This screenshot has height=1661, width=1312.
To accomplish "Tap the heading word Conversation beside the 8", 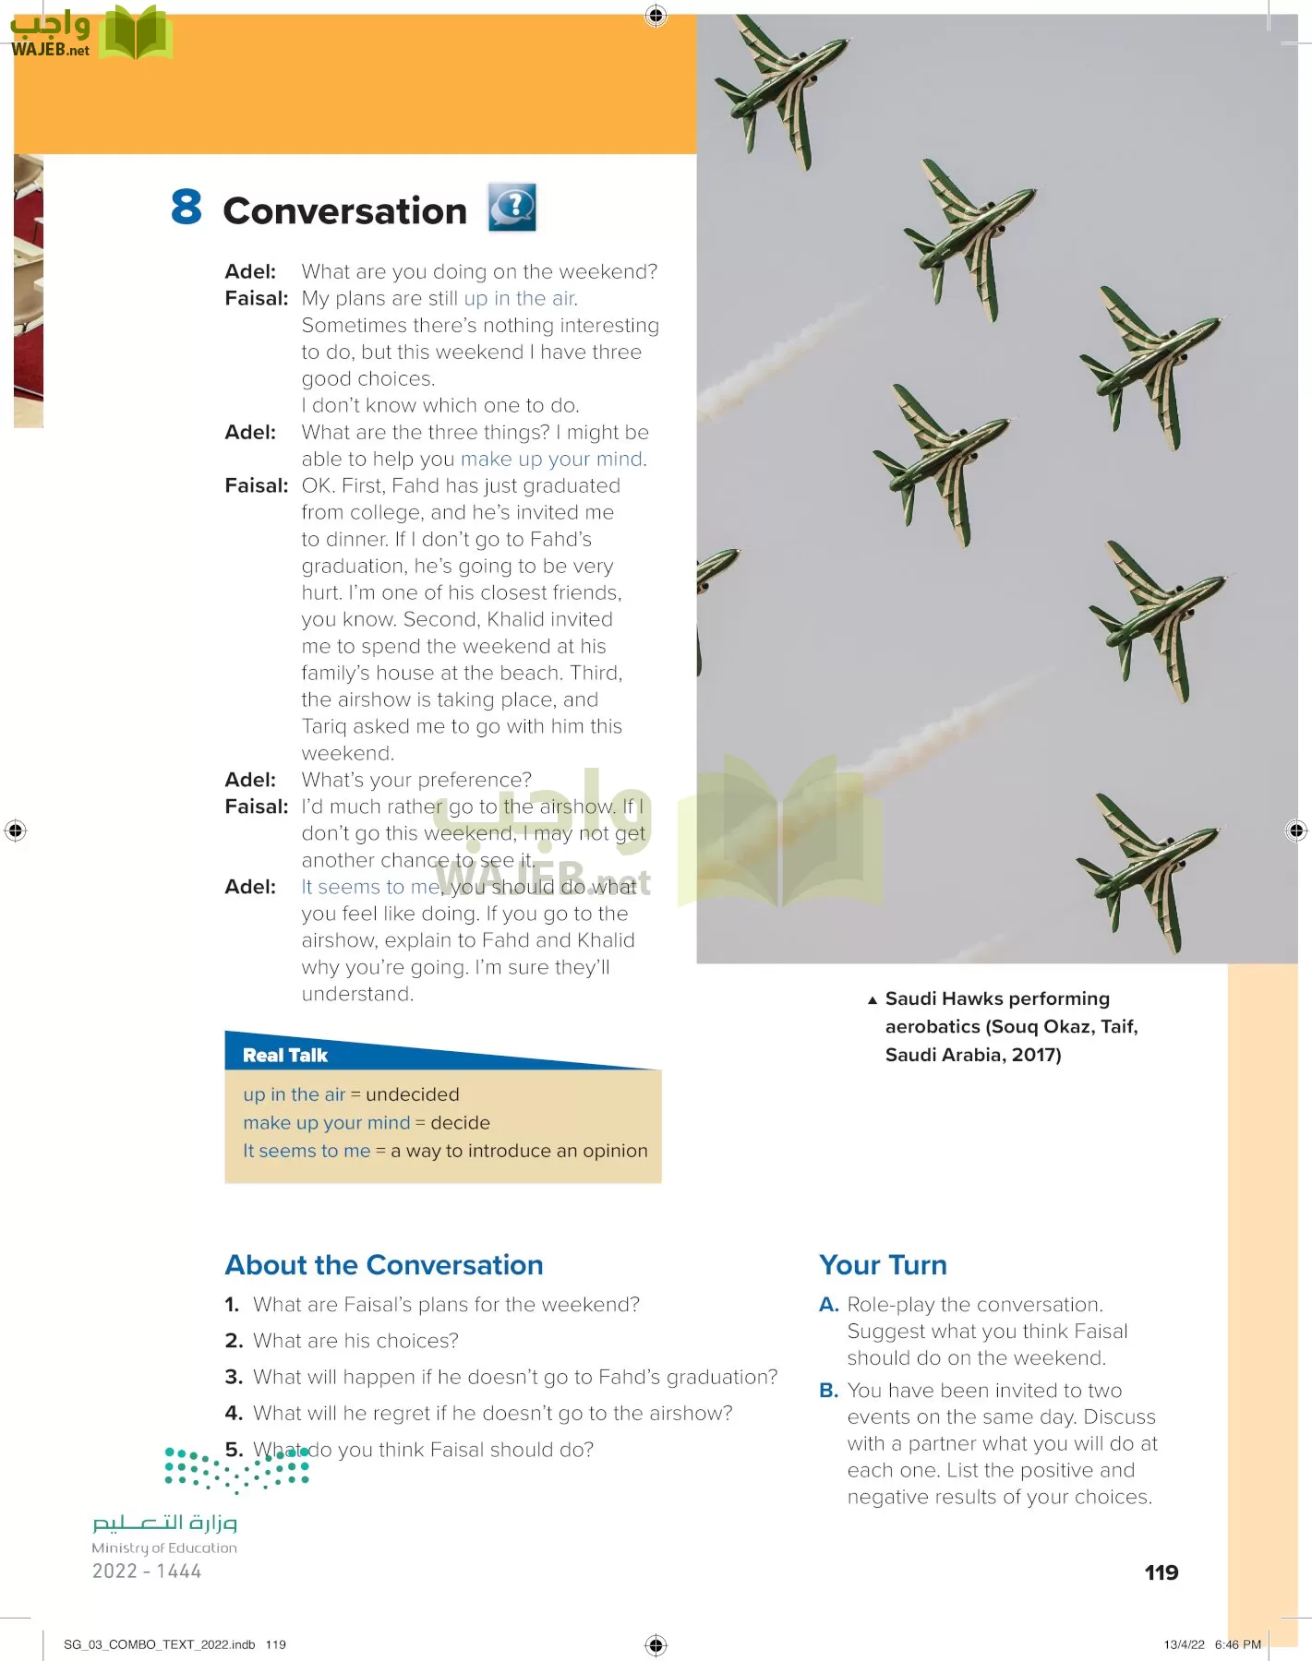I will coord(345,211).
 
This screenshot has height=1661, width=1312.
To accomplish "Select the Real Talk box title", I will coord(285,1056).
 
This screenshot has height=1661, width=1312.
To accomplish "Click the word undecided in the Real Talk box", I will coord(412,1094).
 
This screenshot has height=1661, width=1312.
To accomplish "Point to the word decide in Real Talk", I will coord(460,1123).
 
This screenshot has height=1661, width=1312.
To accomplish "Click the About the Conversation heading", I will coord(384,1265).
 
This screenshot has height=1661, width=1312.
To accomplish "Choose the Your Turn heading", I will coord(883,1265).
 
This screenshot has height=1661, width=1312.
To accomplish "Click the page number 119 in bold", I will coord(1162,1572).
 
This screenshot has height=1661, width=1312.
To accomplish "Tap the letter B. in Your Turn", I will coord(828,1391).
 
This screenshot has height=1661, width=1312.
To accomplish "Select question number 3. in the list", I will coord(234,1378).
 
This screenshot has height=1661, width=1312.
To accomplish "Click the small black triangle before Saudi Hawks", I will coord(873,999).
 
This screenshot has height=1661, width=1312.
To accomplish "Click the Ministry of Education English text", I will coord(164,1548).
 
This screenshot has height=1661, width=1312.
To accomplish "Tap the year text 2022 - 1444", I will coord(147,1571).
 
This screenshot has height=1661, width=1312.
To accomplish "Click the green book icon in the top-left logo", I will coord(136,34).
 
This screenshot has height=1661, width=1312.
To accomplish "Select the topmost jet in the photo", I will coord(781,88).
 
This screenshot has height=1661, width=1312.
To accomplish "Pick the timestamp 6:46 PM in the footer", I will coord(1237,1644).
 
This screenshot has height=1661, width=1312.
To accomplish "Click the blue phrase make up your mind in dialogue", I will coord(552,460).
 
